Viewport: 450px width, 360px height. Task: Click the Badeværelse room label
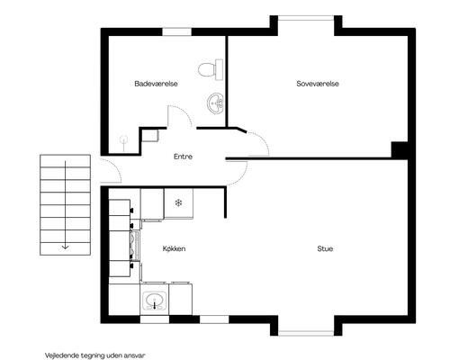tap(156, 84)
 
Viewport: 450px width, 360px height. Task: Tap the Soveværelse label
tap(318, 84)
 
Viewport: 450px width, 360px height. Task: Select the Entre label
tap(183, 157)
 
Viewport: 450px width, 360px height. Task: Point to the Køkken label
tap(174, 248)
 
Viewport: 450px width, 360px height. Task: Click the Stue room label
tap(325, 248)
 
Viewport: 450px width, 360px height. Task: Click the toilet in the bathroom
tap(211, 69)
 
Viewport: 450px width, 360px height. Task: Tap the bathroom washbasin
tap(216, 103)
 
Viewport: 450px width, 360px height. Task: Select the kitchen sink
tap(155, 301)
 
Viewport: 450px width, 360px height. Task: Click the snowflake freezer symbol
tap(178, 203)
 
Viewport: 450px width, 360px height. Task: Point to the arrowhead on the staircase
tap(65, 247)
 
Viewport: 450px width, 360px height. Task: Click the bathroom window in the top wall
tap(177, 31)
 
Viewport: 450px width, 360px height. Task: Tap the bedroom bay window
tap(306, 18)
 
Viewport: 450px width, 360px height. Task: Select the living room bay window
tap(306, 333)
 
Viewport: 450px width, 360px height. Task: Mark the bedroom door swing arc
tap(264, 139)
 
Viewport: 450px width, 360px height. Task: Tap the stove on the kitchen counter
tap(135, 246)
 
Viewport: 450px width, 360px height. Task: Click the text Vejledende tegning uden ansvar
tap(95, 355)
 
